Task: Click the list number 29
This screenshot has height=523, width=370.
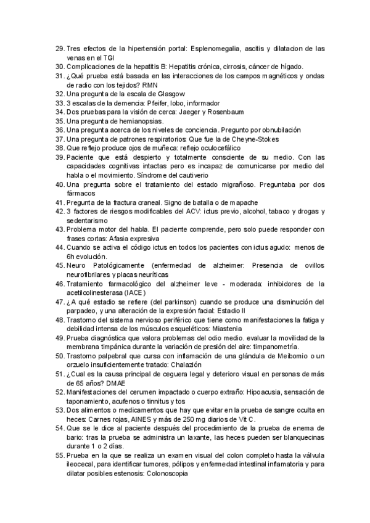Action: pos(60,48)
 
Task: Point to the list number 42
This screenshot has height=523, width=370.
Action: pos(60,212)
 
